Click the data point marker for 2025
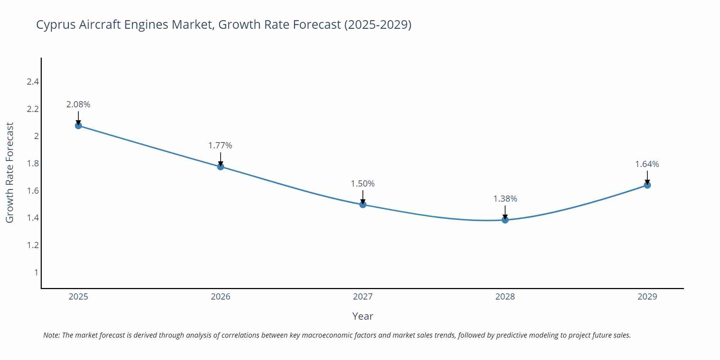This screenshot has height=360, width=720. pyautogui.click(x=78, y=126)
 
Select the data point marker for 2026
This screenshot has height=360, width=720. pyautogui.click(x=221, y=167)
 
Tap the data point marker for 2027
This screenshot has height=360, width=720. pyautogui.click(x=363, y=204)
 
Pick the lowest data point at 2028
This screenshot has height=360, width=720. pyautogui.click(x=505, y=220)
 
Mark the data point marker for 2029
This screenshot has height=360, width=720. pyautogui.click(x=647, y=185)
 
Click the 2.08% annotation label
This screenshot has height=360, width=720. pyautogui.click(x=78, y=104)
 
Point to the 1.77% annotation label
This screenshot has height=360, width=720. pyautogui.click(x=220, y=145)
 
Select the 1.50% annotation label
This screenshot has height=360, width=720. pyautogui.click(x=363, y=184)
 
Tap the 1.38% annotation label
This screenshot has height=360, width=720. pyautogui.click(x=505, y=199)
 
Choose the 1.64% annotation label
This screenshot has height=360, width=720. pyautogui.click(x=647, y=164)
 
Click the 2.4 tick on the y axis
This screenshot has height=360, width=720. pyautogui.click(x=33, y=82)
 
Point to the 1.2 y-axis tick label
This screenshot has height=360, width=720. pyautogui.click(x=33, y=245)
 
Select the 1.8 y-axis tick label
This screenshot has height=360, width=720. pyautogui.click(x=33, y=163)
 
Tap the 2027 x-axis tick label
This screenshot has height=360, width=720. pyautogui.click(x=363, y=297)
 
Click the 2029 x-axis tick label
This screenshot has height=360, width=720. pyautogui.click(x=647, y=297)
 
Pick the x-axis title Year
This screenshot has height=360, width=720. pyautogui.click(x=363, y=316)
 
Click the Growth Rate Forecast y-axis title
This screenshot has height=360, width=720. pyautogui.click(x=10, y=173)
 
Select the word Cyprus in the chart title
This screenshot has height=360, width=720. pyautogui.click(x=56, y=25)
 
